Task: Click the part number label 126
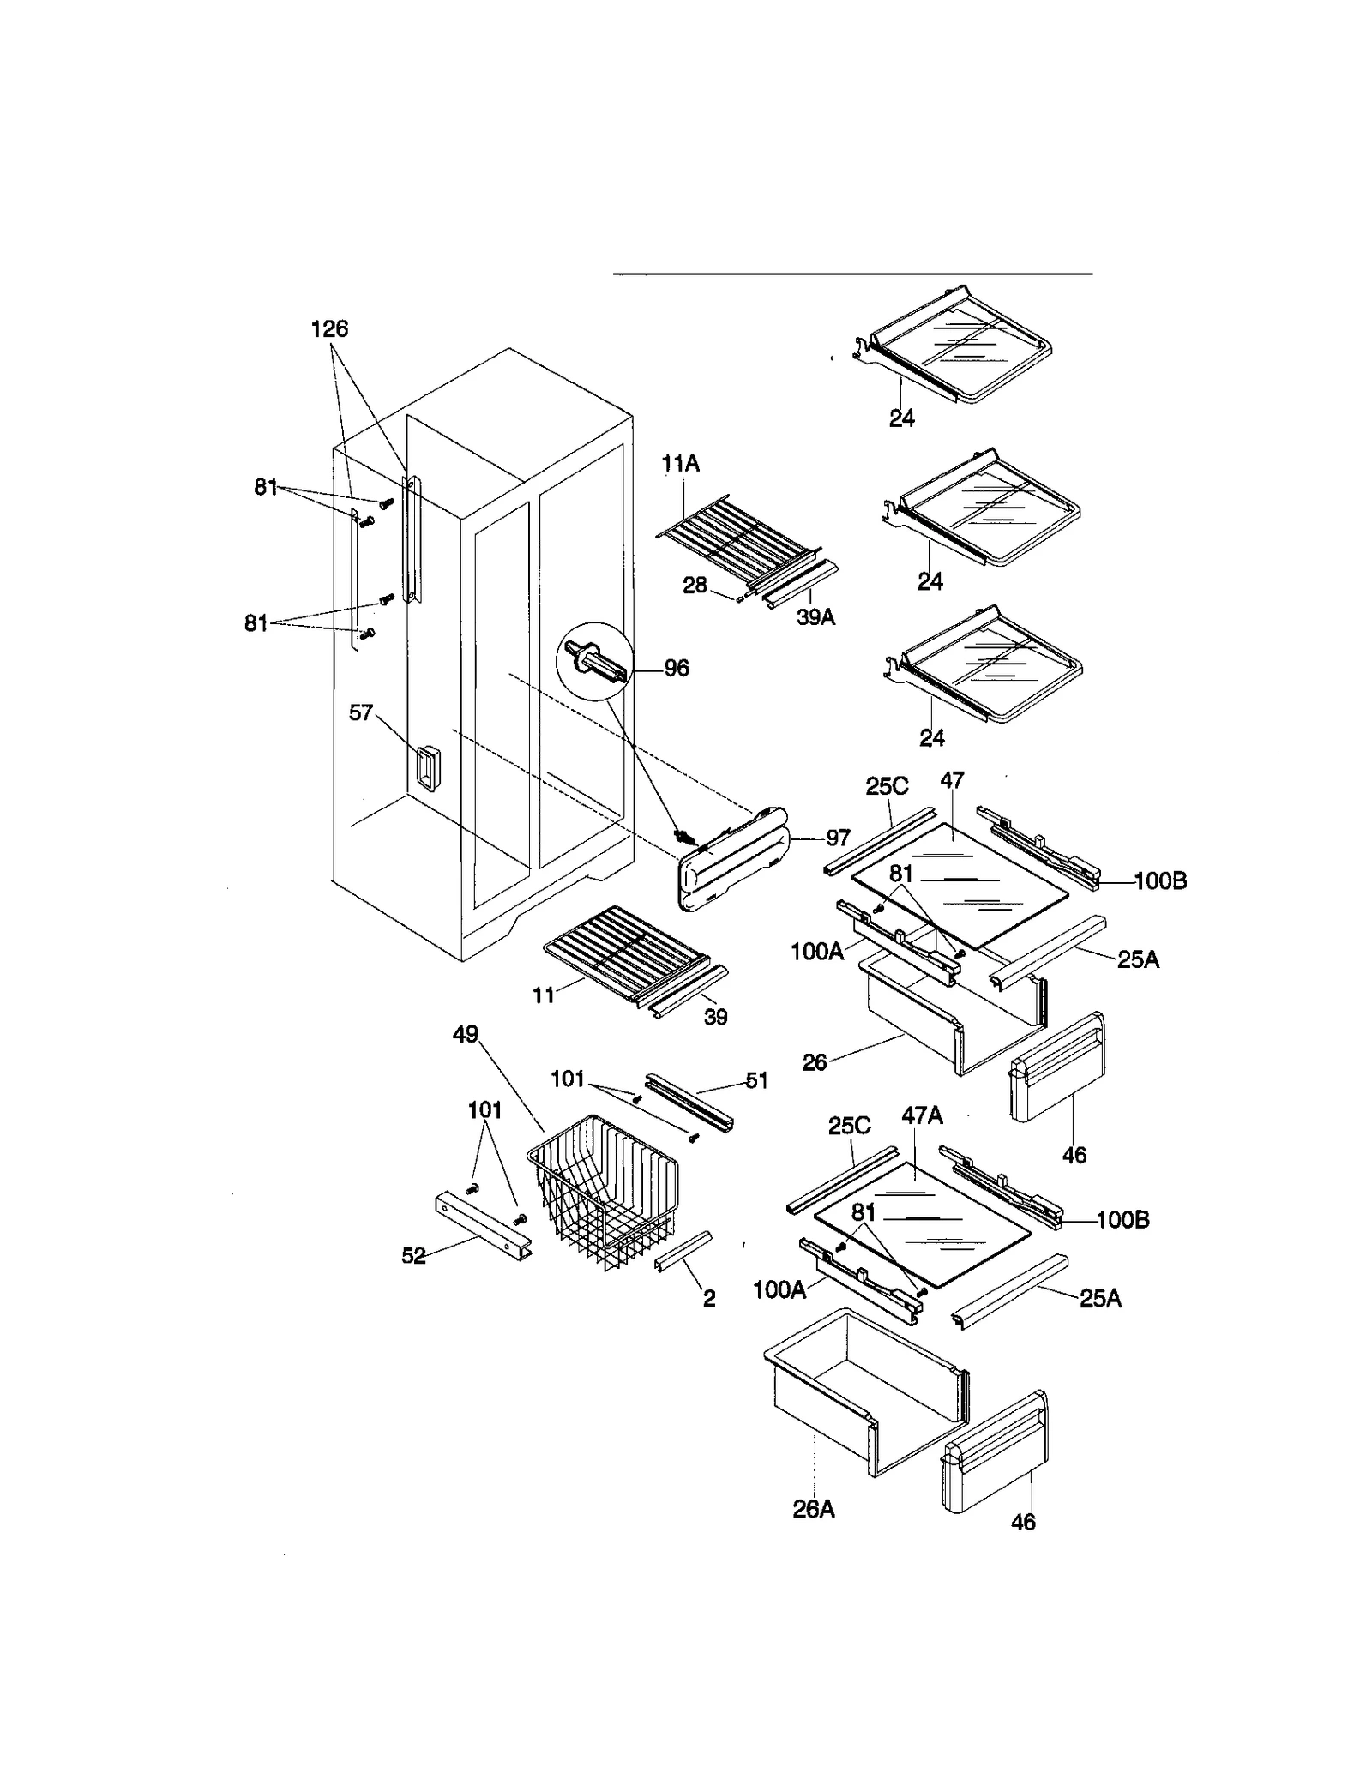point(329,328)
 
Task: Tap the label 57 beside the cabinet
point(361,712)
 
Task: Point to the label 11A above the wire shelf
point(681,464)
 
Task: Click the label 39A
point(815,616)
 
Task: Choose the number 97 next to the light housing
point(838,838)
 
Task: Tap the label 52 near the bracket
point(413,1256)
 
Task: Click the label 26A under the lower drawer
point(813,1509)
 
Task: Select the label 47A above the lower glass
point(922,1115)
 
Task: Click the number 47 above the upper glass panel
point(952,780)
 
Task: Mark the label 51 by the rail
point(756,1081)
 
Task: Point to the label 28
point(695,585)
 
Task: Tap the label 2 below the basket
point(709,1298)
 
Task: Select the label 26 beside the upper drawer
point(815,1062)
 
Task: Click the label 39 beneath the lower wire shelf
point(715,1016)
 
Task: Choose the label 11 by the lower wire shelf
point(544,995)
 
